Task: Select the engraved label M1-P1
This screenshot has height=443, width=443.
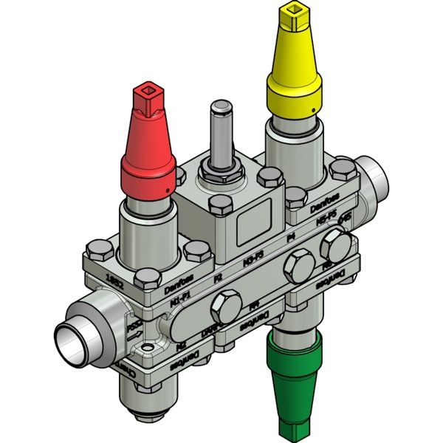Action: [x=179, y=301]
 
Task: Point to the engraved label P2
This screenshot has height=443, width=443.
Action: [x=218, y=279]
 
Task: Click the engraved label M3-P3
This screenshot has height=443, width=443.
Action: [x=255, y=260]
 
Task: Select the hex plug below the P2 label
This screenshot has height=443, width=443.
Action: [x=224, y=304]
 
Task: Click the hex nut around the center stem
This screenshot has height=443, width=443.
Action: [x=219, y=178]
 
